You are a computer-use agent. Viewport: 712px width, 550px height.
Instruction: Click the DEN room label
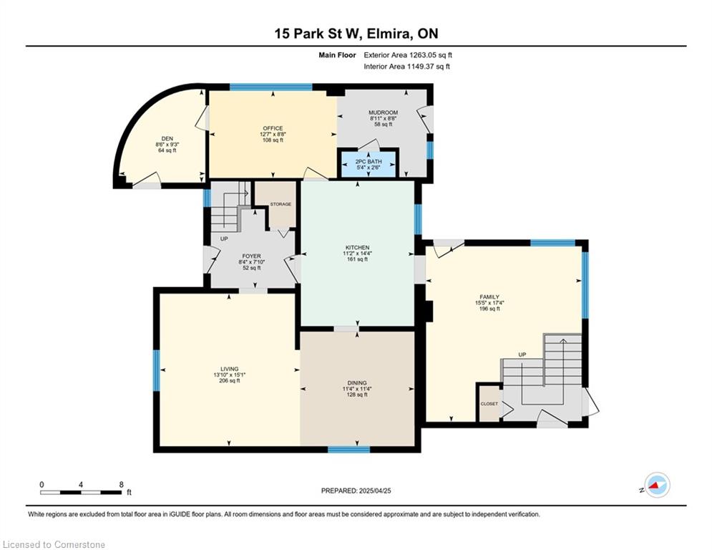tap(167, 139)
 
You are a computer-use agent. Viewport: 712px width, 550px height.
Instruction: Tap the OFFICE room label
tap(273, 128)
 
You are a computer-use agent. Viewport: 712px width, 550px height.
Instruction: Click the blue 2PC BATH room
tap(369, 164)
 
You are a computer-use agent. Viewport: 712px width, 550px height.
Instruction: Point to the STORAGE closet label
tap(281, 204)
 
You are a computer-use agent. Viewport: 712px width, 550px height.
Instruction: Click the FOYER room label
tap(252, 256)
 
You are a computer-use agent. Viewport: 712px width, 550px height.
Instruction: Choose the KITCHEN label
tap(358, 247)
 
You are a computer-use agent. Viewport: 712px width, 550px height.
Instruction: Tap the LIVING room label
tap(229, 369)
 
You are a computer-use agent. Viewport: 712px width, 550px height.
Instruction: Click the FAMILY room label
tap(489, 297)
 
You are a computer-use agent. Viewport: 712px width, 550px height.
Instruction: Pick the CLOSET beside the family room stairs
tap(489, 404)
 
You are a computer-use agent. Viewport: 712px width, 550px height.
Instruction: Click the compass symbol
tap(657, 485)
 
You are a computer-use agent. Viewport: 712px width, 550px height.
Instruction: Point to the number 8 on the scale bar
tap(121, 485)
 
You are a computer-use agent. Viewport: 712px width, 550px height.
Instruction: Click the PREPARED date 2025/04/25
tap(375, 491)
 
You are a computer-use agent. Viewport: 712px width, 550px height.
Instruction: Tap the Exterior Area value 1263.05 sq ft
tap(431, 55)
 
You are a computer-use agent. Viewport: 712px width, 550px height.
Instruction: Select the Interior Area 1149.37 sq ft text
tap(407, 67)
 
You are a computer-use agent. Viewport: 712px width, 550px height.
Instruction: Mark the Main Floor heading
tap(337, 55)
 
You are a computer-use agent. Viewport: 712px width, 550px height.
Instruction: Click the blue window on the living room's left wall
tap(157, 370)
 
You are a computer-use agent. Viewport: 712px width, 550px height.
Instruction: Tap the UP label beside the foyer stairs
tap(224, 238)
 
